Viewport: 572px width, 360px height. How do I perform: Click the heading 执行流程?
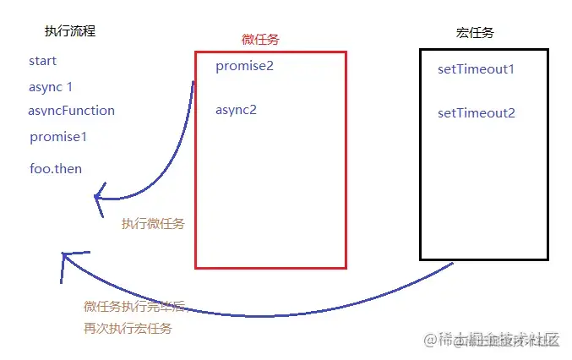pyautogui.click(x=70, y=31)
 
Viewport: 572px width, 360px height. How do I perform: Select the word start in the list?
pyautogui.click(x=42, y=61)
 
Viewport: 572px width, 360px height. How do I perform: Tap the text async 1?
pyautogui.click(x=51, y=87)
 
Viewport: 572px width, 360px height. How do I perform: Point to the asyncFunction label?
pyautogui.click(x=71, y=111)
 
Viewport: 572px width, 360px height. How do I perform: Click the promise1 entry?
pyautogui.click(x=58, y=137)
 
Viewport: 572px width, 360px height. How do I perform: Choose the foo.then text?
pyautogui.click(x=56, y=169)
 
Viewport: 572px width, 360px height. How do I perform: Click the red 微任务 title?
pyautogui.click(x=262, y=40)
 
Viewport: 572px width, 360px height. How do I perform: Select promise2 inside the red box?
pyautogui.click(x=245, y=66)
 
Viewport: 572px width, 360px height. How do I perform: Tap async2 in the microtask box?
pyautogui.click(x=236, y=110)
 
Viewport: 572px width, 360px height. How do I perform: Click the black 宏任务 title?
pyautogui.click(x=474, y=33)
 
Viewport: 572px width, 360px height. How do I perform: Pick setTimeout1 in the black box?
pyautogui.click(x=476, y=69)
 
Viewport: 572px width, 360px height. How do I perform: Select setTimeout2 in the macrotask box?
pyautogui.click(x=477, y=113)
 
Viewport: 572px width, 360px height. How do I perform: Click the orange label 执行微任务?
pyautogui.click(x=153, y=224)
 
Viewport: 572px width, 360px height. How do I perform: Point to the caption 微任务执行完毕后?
pyautogui.click(x=134, y=307)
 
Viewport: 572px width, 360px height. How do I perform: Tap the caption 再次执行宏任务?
pyautogui.click(x=128, y=328)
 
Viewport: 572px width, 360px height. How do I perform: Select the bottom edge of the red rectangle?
pyautogui.click(x=270, y=267)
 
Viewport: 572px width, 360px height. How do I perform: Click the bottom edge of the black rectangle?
pyautogui.click(x=483, y=259)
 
